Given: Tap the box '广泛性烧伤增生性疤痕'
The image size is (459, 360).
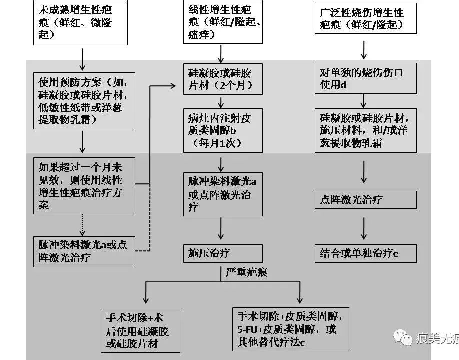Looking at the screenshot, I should [366, 18].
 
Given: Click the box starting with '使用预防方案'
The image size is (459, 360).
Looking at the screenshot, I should [84, 101].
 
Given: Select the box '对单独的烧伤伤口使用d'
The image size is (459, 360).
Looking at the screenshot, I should [365, 79].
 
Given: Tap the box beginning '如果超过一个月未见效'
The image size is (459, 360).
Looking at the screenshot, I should [84, 185].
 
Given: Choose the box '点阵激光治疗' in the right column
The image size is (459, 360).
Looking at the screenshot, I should [365, 200].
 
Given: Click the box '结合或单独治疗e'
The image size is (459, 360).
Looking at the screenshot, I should [365, 253].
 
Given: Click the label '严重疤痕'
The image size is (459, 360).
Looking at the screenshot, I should [246, 272].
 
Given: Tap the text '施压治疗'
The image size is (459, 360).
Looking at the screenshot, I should [209, 253].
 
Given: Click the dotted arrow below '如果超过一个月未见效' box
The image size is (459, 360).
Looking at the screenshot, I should [82, 224].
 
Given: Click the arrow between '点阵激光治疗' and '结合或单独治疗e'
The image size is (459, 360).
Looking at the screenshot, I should [364, 227].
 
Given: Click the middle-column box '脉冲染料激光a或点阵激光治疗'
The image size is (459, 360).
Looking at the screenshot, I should [222, 194].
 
